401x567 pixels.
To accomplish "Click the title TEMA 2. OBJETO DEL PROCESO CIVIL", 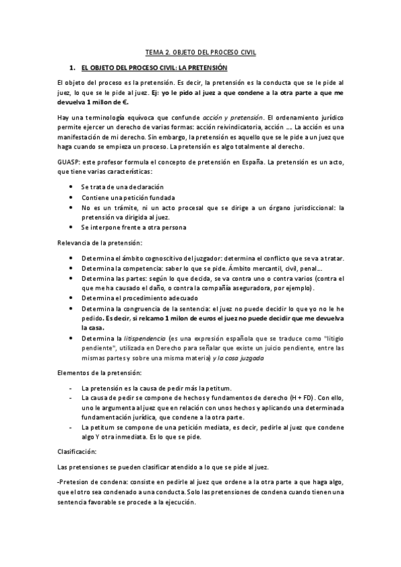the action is pyautogui.click(x=200, y=51).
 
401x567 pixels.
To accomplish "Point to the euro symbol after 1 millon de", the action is pyautogui.click(x=125, y=102).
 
